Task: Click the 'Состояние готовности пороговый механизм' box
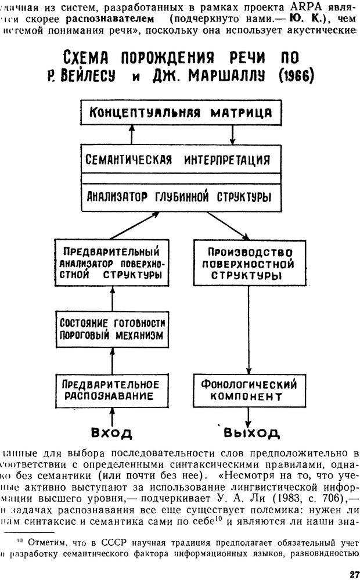click(x=111, y=329)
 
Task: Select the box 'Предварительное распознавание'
click(x=111, y=390)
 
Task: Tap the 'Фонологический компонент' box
click(x=249, y=390)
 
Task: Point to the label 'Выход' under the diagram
click(x=251, y=433)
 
